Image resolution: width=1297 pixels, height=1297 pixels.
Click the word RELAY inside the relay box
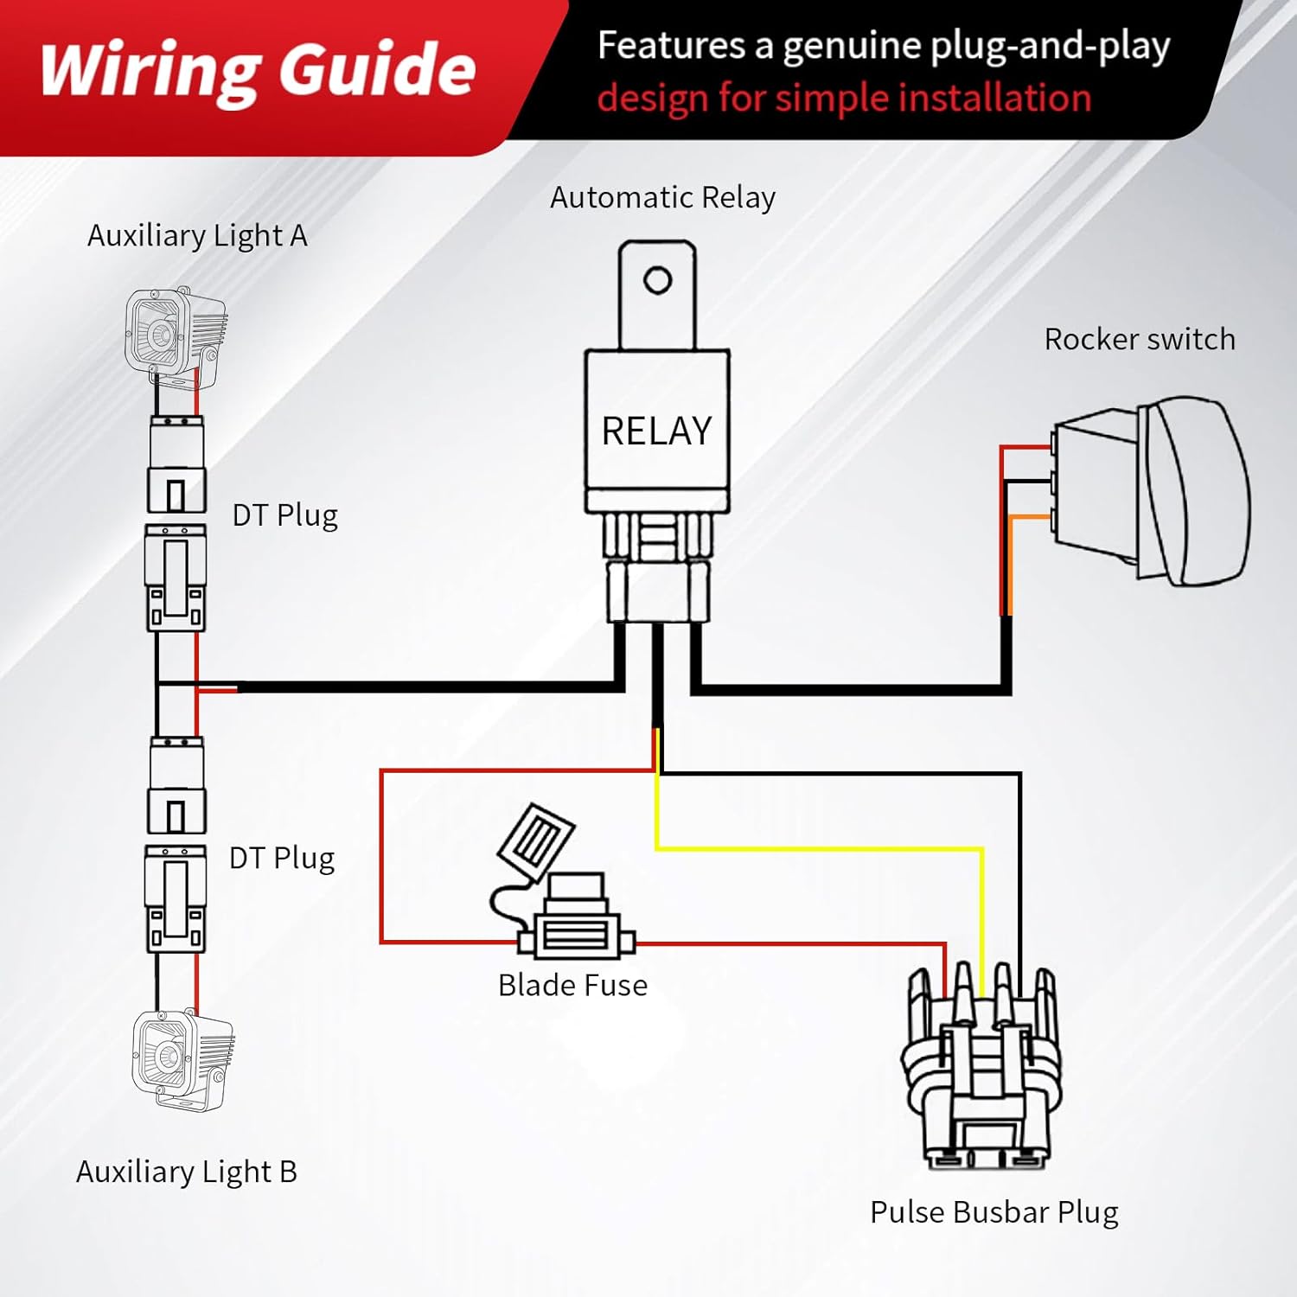(x=656, y=431)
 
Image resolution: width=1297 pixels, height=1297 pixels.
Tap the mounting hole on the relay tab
(x=657, y=280)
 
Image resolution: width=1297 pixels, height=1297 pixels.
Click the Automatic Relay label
(x=662, y=198)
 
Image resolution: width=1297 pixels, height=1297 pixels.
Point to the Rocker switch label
(x=1140, y=340)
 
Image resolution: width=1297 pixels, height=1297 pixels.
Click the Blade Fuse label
(x=572, y=986)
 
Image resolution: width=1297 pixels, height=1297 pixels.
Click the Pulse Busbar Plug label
(x=994, y=1212)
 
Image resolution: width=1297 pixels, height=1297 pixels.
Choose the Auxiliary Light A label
(x=197, y=236)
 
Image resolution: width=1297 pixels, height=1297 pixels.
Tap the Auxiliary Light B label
(x=187, y=1172)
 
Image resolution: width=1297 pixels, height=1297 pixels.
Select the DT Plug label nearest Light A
(x=284, y=515)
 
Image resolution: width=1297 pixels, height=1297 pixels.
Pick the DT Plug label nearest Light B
(x=281, y=859)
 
